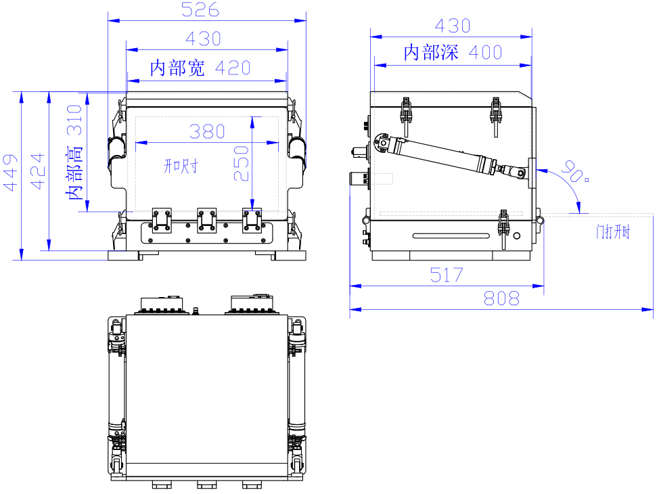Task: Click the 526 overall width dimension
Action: [202, 9]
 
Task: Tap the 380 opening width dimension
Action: [207, 131]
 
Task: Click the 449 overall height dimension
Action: [10, 173]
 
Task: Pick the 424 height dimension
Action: [37, 171]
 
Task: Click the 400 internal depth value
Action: [484, 52]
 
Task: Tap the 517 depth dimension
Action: [447, 275]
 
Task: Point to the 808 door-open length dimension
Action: [501, 298]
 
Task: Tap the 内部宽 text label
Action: [177, 68]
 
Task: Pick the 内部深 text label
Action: [431, 52]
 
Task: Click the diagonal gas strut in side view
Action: [447, 155]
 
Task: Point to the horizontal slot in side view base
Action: [451, 235]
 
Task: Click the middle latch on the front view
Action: [206, 219]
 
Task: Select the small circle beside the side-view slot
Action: [517, 236]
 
